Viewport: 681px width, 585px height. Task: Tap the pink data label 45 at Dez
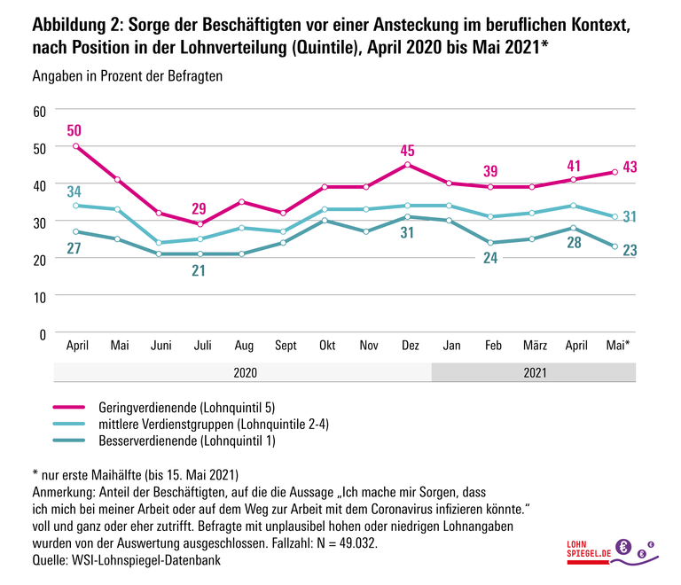click(407, 150)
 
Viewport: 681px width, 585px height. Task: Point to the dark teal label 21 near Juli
click(200, 270)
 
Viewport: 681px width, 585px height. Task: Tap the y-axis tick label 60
click(38, 111)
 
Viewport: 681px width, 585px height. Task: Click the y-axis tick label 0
click(42, 333)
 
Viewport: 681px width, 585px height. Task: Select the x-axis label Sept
click(286, 345)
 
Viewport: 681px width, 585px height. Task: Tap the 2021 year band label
click(533, 373)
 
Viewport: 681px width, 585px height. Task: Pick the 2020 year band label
click(245, 373)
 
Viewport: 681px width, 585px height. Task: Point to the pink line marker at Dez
click(407, 165)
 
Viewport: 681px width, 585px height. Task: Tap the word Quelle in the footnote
click(51, 560)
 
